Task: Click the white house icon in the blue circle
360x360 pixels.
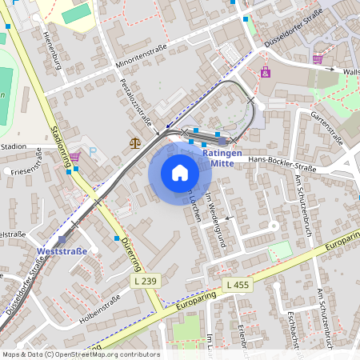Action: pyautogui.click(x=179, y=173)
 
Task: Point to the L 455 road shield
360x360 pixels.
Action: pyautogui.click(x=238, y=285)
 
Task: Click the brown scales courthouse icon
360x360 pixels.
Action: pyautogui.click(x=134, y=143)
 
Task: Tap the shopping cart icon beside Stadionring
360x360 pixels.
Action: pyautogui.click(x=74, y=157)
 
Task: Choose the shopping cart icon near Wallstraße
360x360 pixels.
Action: pyautogui.click(x=318, y=58)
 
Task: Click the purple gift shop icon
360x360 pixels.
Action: pyautogui.click(x=266, y=72)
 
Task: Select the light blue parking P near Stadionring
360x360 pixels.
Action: pyautogui.click(x=92, y=150)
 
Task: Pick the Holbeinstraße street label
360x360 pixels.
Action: pyautogui.click(x=100, y=308)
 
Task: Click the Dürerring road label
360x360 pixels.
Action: pyautogui.click(x=130, y=253)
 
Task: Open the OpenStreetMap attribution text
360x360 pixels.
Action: pyautogui.click(x=80, y=354)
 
